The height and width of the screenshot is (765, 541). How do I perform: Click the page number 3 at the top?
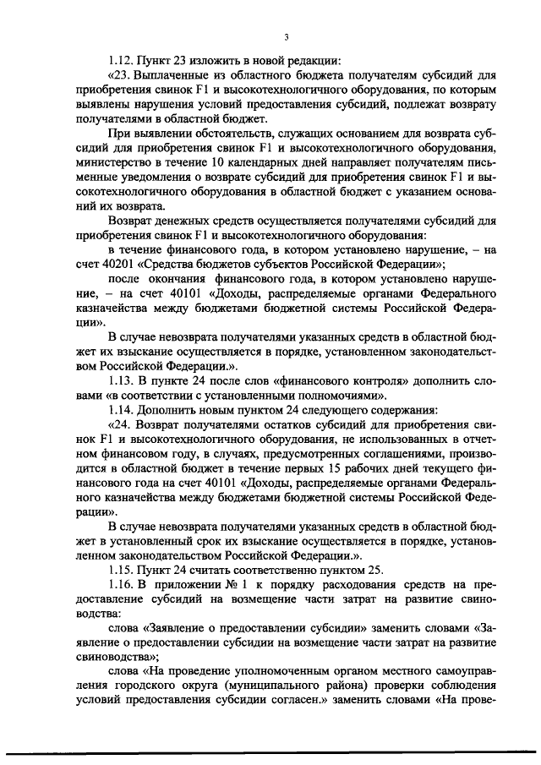click(287, 36)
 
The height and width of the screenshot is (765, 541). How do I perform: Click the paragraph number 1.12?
click(123, 60)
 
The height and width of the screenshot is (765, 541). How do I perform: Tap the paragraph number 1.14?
click(123, 412)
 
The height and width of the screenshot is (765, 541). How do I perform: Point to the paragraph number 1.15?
click(123, 568)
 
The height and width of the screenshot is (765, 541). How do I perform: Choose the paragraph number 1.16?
click(123, 584)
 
